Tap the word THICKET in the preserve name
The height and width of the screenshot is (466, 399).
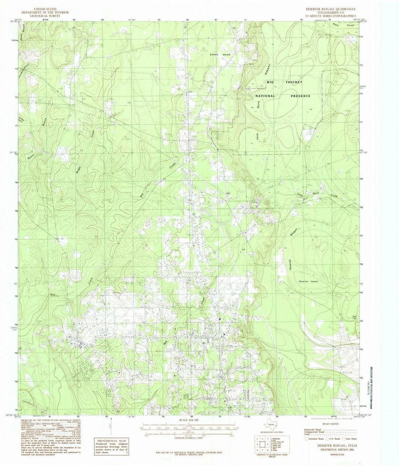point(291,82)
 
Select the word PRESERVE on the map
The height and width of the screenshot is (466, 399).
point(300,96)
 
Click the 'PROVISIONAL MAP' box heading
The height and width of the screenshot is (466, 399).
point(111,441)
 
